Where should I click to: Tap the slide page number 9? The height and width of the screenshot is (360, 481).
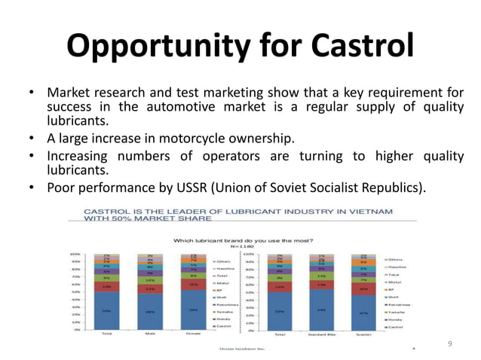[449, 343]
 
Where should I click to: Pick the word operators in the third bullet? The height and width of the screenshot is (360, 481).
[215, 156]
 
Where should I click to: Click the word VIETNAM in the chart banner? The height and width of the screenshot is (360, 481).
[366, 212]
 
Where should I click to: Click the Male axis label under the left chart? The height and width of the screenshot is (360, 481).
[150, 334]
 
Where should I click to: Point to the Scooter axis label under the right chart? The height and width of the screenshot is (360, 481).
[363, 334]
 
